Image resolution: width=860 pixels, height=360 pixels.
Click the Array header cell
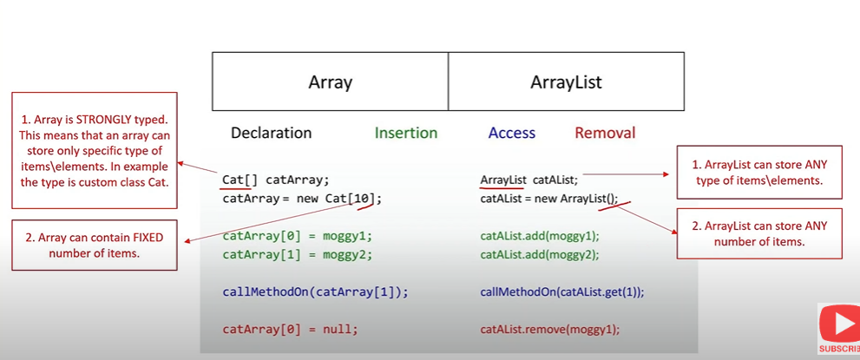(x=330, y=82)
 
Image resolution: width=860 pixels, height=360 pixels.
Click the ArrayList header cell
(x=566, y=82)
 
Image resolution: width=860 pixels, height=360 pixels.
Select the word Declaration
(x=271, y=133)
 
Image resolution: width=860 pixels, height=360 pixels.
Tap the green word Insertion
(x=405, y=133)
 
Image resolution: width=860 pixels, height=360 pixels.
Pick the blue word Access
(x=511, y=133)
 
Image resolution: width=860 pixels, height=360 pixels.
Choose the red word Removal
(x=605, y=133)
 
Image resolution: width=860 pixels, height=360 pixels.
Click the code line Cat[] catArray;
(x=276, y=180)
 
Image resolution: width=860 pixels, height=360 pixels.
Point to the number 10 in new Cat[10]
(x=364, y=199)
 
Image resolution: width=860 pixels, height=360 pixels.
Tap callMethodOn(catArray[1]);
(x=315, y=292)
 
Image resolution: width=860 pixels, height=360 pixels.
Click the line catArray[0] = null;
(x=290, y=330)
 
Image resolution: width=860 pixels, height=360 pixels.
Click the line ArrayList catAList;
(x=528, y=180)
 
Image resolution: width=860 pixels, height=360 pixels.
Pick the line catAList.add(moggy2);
(x=539, y=254)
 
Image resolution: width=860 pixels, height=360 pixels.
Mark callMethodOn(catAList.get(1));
(x=561, y=292)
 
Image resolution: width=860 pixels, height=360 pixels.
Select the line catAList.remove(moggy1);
(x=549, y=330)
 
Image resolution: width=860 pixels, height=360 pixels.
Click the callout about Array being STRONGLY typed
(x=95, y=150)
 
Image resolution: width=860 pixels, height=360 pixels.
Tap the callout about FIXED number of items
(x=95, y=245)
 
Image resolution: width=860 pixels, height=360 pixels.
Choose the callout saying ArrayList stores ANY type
(x=758, y=173)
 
